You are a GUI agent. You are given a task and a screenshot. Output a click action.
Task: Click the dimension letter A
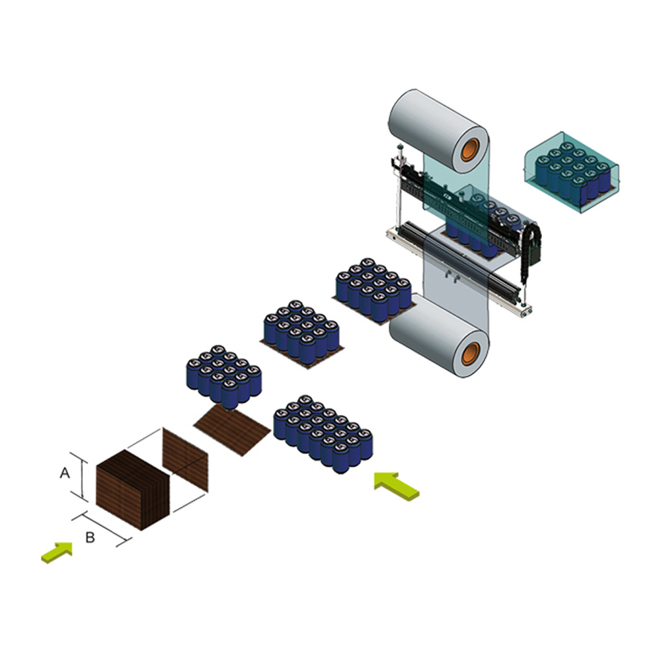point(65,473)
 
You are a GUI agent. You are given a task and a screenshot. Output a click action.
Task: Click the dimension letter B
point(90,537)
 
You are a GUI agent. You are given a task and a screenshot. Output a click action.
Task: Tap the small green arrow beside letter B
point(57,552)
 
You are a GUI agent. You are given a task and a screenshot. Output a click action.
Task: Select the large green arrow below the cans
point(396,486)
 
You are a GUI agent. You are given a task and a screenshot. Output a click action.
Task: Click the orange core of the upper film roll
point(471,149)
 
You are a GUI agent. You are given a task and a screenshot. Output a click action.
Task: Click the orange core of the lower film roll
point(471,354)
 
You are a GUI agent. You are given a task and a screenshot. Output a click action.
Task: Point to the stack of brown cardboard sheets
point(133,489)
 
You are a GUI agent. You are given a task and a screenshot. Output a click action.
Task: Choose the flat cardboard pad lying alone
point(232,430)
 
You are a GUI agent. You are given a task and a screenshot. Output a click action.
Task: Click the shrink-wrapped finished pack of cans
point(572,172)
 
